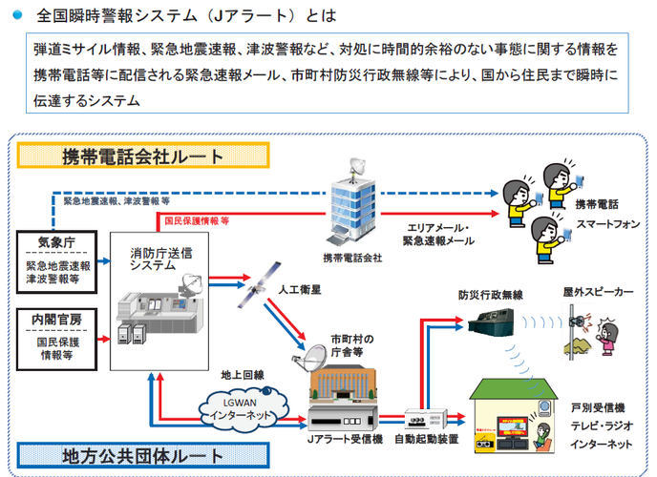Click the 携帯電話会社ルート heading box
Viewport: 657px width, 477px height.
[x=143, y=156]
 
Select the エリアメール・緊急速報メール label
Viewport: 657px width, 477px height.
[x=437, y=235]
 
